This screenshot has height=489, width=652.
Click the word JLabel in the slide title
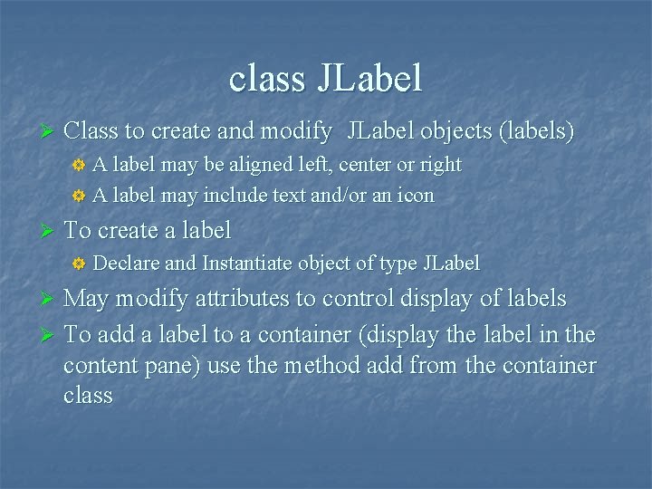click(369, 79)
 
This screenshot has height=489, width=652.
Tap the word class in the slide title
click(267, 79)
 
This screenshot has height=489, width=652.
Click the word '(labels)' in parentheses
click(536, 131)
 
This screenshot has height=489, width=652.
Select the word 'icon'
click(417, 195)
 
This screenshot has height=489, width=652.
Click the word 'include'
click(235, 195)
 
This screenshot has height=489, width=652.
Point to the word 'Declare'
click(127, 264)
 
